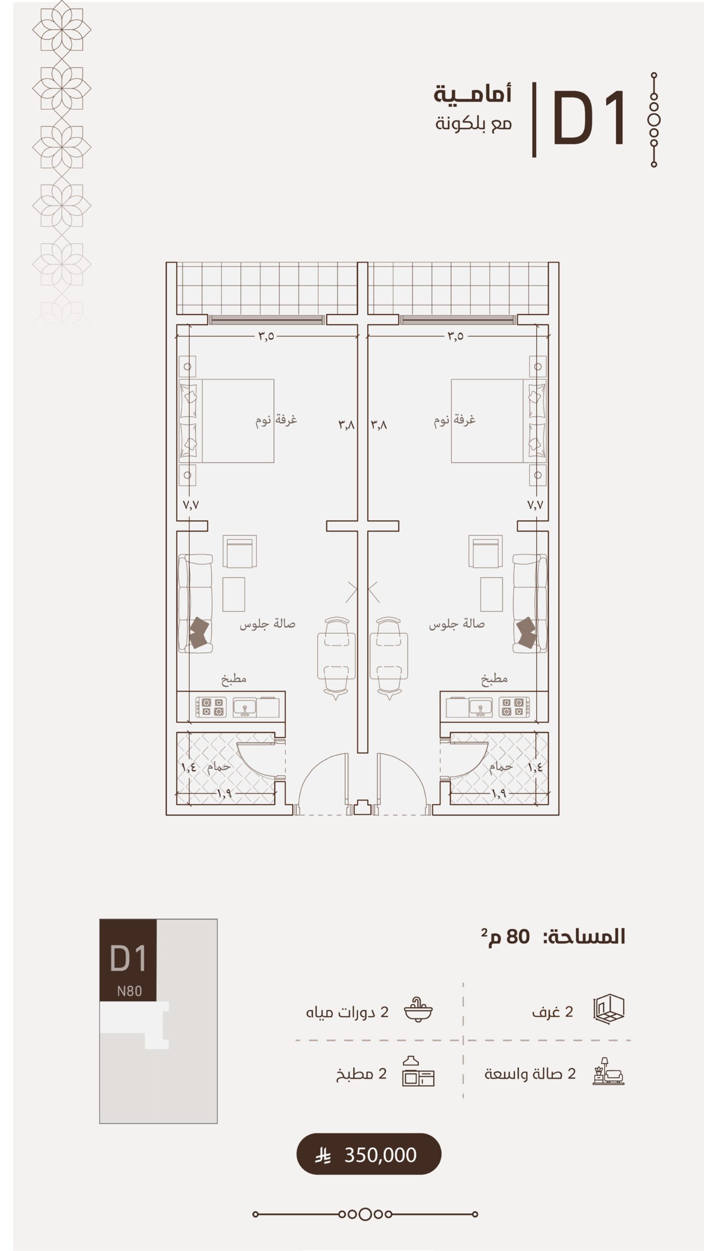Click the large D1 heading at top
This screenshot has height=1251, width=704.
pos(589,118)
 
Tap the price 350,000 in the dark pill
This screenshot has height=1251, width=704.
pos(380,1155)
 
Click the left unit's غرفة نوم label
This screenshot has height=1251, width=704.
pos(276,420)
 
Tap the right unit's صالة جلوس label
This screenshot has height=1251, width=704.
pos(457,624)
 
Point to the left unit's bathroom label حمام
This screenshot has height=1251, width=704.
pos(219,766)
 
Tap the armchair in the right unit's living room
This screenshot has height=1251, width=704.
pos(485,552)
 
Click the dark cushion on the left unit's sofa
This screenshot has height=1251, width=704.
pos(200,633)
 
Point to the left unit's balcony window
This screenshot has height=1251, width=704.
pos(266,320)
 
